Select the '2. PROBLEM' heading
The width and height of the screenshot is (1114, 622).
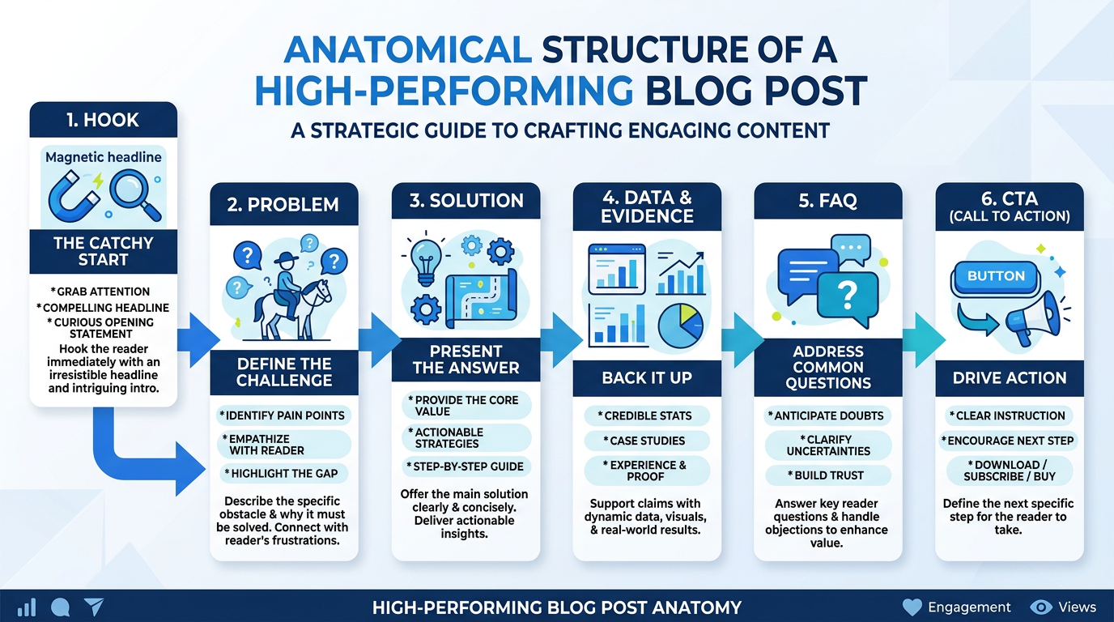tap(283, 204)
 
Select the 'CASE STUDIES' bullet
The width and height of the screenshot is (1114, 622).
tap(647, 441)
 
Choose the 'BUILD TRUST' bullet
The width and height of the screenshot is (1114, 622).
tap(828, 475)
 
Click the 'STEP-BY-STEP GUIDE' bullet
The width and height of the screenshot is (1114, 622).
tap(466, 466)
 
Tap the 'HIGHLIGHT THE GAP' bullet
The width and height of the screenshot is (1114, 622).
tap(284, 473)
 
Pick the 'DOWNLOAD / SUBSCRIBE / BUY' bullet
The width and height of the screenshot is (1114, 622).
tap(1009, 471)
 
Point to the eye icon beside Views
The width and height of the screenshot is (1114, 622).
tap(1041, 607)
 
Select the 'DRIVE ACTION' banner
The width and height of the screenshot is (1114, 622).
tap(1009, 377)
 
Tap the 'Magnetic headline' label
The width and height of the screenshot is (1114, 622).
tap(103, 157)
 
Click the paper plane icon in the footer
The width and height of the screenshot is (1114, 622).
tap(94, 607)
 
